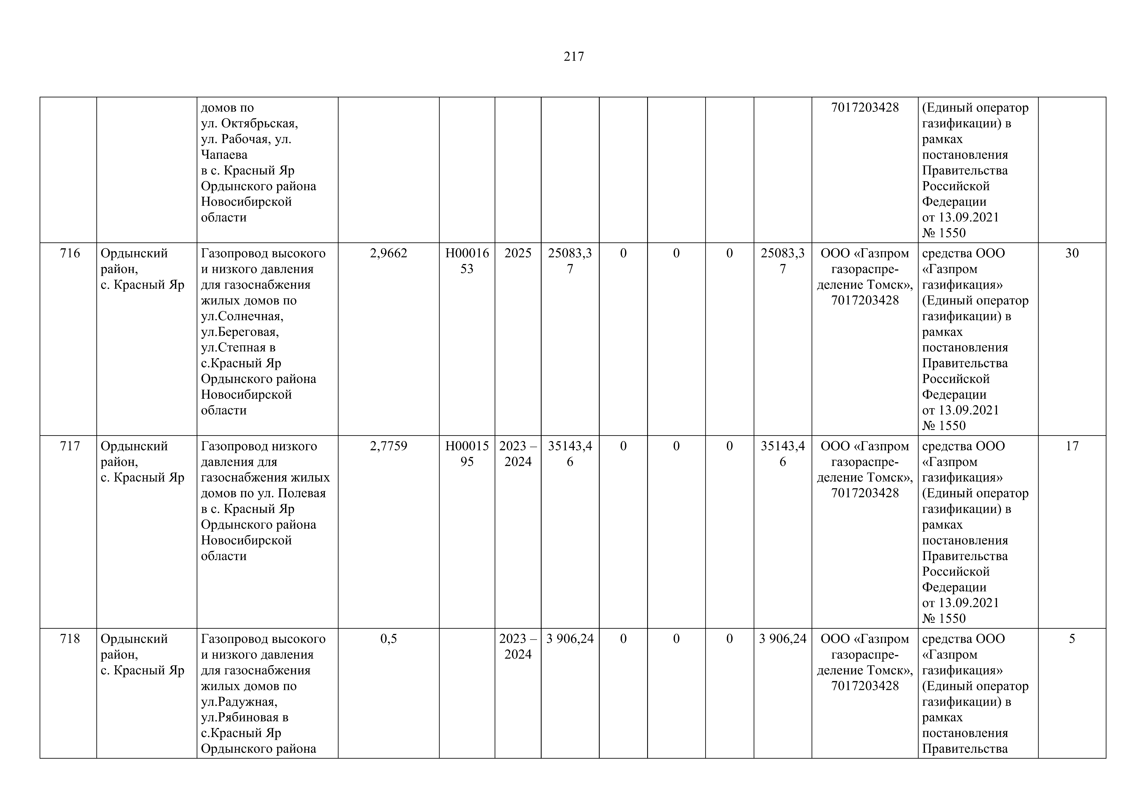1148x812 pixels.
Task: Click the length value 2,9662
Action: (x=388, y=254)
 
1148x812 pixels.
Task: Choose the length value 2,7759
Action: (x=388, y=446)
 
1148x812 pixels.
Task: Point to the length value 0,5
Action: (x=388, y=639)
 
